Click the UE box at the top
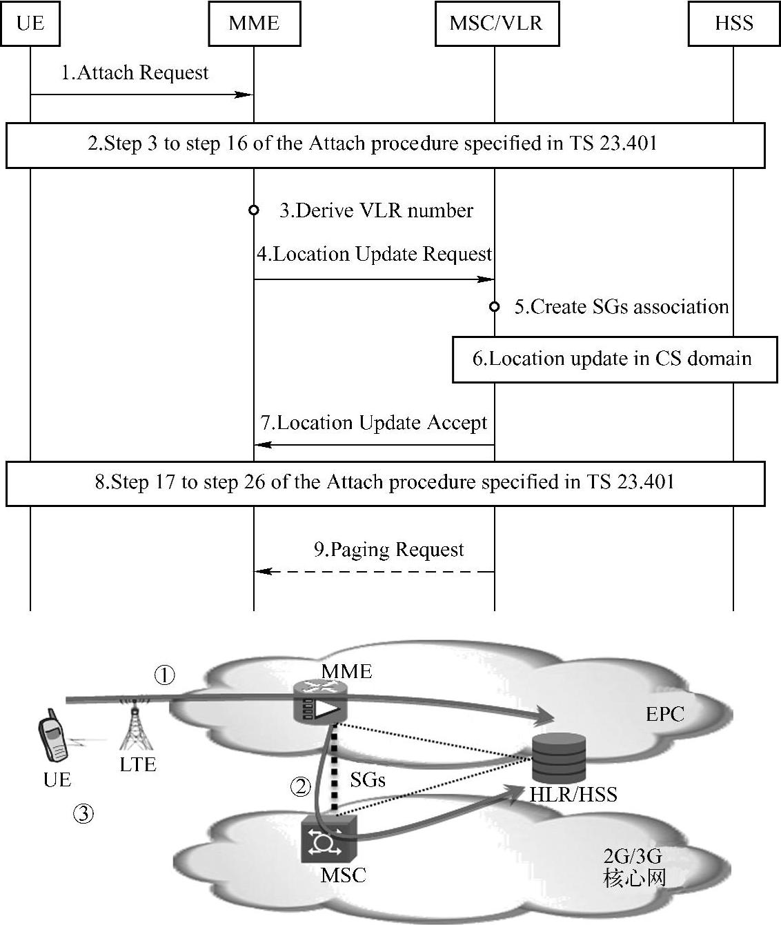[30, 23]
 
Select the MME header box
[254, 23]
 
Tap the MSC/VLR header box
[496, 23]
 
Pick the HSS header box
[733, 23]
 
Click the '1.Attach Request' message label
[135, 73]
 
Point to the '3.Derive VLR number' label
[376, 210]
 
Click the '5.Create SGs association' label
[621, 307]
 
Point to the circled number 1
[164, 675]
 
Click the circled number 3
[83, 815]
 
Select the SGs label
[367, 780]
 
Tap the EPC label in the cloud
[665, 714]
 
